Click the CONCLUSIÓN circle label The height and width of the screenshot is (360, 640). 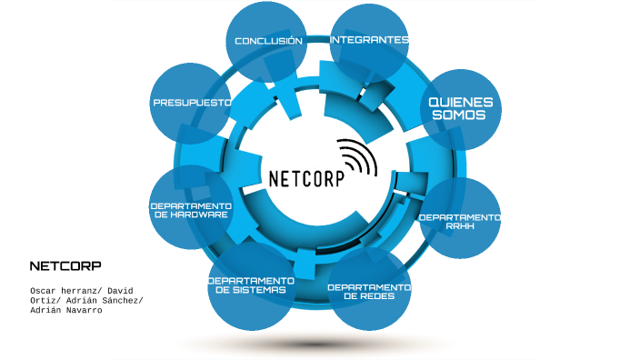click(x=268, y=41)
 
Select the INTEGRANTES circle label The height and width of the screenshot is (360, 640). click(x=369, y=40)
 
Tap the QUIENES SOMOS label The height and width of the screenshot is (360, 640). click(x=461, y=109)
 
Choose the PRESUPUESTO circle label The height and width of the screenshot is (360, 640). click(x=192, y=103)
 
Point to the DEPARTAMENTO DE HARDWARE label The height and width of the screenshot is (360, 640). click(x=191, y=210)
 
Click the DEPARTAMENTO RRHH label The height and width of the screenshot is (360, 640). click(x=459, y=222)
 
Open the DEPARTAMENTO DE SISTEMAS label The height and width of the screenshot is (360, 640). click(x=251, y=285)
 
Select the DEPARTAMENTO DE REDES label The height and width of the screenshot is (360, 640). click(x=369, y=291)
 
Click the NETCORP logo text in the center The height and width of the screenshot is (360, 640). click(x=307, y=177)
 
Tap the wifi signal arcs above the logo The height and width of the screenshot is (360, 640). click(x=356, y=155)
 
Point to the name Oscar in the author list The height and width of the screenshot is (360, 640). click(x=45, y=290)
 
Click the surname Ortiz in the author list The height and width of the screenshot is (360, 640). click(x=45, y=300)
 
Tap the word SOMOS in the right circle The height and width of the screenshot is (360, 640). click(x=461, y=115)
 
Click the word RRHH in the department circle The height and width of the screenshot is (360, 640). click(x=460, y=226)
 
